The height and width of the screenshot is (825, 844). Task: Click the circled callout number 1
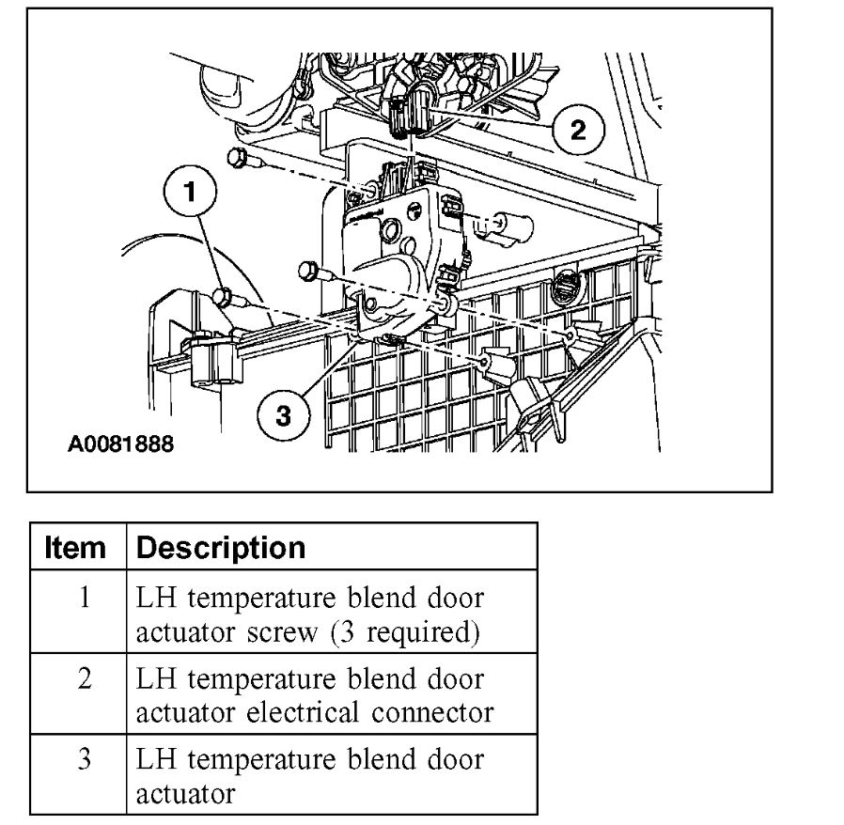coord(192,193)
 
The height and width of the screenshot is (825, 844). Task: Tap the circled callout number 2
coord(576,130)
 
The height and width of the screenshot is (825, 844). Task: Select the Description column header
coord(221,548)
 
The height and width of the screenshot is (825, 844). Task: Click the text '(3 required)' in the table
coord(404,632)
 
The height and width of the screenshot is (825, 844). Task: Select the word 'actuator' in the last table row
coord(185,794)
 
